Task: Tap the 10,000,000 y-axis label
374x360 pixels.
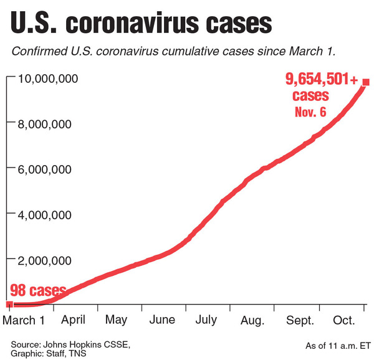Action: [47, 78]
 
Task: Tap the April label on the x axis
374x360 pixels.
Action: [74, 320]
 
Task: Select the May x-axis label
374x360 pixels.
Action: [117, 320]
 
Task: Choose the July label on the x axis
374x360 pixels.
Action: [206, 320]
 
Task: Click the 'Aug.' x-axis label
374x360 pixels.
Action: [251, 320]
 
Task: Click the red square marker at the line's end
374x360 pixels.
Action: [366, 82]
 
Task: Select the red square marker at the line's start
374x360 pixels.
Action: [9, 305]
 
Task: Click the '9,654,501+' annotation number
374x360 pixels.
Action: [320, 79]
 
